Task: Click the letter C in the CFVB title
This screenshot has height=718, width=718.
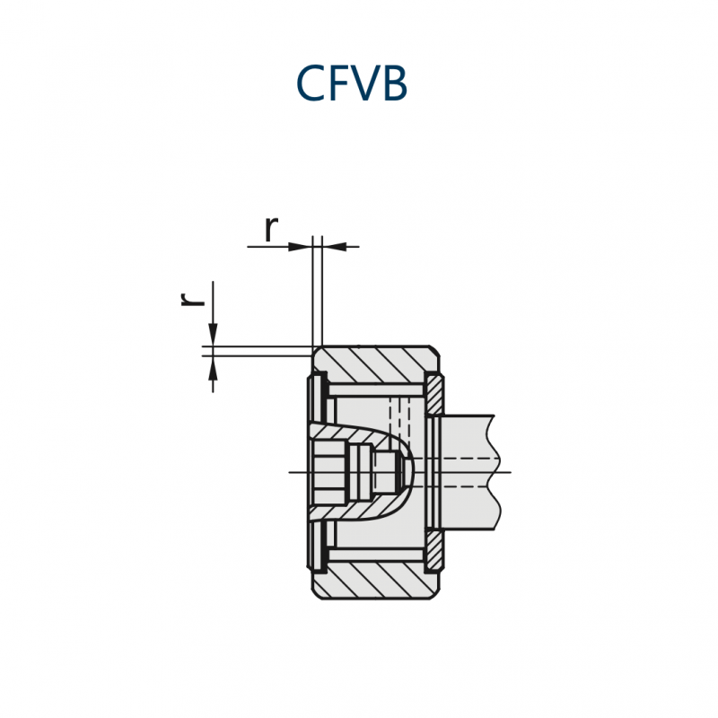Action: [x=311, y=83]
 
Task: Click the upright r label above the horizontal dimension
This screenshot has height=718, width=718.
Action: [x=271, y=229]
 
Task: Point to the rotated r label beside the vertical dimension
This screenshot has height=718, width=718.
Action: [x=192, y=299]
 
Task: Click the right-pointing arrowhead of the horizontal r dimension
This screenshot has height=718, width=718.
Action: [x=301, y=247]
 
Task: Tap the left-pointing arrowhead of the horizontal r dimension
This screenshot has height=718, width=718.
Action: [x=334, y=247]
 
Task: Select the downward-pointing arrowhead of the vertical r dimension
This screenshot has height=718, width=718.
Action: [x=213, y=334]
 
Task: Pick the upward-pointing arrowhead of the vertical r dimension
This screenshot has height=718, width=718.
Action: [x=213, y=368]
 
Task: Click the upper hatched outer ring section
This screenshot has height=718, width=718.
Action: [x=376, y=364]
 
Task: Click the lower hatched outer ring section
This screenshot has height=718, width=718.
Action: [x=376, y=580]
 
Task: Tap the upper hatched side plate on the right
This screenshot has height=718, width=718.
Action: [x=434, y=394]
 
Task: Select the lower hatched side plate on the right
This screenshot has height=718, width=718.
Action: [x=434, y=551]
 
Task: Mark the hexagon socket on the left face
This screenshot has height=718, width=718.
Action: [x=329, y=472]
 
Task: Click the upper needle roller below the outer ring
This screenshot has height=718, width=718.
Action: [x=375, y=390]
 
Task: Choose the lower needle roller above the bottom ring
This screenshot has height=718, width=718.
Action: [x=375, y=555]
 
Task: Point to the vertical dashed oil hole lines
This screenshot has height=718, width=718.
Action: [x=399, y=417]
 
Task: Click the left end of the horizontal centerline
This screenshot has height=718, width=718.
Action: [x=289, y=472]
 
